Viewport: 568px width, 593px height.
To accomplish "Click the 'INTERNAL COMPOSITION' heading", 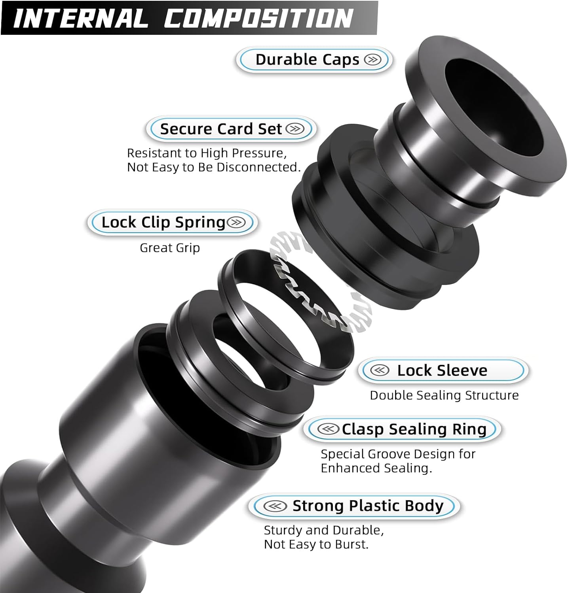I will point(183,18).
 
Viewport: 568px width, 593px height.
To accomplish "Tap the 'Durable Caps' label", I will point(307,60).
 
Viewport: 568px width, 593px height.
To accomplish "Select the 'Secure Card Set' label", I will point(221,129).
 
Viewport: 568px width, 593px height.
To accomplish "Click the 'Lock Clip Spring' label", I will point(163,222).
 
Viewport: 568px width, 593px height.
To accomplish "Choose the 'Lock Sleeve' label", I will point(442,370).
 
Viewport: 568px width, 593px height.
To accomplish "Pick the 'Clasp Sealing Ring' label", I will point(414,429).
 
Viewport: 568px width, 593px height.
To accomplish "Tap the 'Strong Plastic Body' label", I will point(368,506).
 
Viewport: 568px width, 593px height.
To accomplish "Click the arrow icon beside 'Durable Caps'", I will point(372,60).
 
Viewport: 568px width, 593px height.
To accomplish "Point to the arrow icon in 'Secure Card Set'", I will point(295,129).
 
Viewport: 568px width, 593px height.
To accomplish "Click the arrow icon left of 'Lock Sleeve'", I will point(380,370).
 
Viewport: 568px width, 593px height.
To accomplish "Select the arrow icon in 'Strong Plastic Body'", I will point(275,506).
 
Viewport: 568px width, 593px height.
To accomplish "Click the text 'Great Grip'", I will point(170,248).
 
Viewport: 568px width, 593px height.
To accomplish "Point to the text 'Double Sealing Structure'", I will point(444,395).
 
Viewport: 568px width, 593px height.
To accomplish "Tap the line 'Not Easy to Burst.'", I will point(316,544).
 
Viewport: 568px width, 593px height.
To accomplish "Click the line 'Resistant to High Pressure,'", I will point(207,153).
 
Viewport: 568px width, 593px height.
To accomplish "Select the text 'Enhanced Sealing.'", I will point(376,468).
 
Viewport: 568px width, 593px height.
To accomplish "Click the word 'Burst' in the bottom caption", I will point(350,544).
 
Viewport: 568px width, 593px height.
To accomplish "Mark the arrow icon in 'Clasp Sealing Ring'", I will point(328,429).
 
